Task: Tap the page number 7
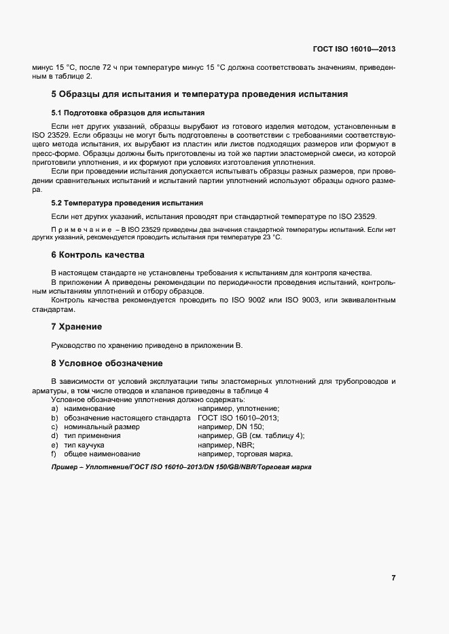(x=393, y=578)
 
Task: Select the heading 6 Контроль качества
(x=98, y=255)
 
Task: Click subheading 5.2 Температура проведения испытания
(x=127, y=203)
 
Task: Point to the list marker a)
(x=54, y=410)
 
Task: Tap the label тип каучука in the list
(x=84, y=445)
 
